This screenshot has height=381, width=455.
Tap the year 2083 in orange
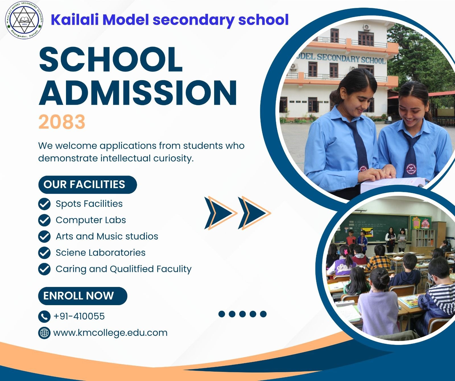[x=62, y=122]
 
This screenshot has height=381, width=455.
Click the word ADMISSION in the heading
[x=138, y=93]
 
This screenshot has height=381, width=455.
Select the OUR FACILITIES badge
[x=88, y=185]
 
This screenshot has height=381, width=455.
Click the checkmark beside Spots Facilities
[x=44, y=204]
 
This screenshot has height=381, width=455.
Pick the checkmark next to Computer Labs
[x=44, y=220]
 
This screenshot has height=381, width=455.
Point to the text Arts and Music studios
[x=107, y=236]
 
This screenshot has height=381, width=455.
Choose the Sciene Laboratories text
[x=101, y=253]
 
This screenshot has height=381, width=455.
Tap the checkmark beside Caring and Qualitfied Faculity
[x=44, y=269]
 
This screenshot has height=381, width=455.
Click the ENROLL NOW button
[x=83, y=296]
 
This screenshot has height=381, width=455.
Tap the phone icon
[x=44, y=316]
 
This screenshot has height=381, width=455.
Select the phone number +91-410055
[x=79, y=316]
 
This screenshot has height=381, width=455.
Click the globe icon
[x=44, y=333]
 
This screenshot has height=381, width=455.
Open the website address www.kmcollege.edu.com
[x=110, y=333]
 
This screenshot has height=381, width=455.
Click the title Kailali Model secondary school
[x=170, y=20]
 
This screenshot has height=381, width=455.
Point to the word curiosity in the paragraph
[x=173, y=158]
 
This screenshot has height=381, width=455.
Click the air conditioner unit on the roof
[x=367, y=27]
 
